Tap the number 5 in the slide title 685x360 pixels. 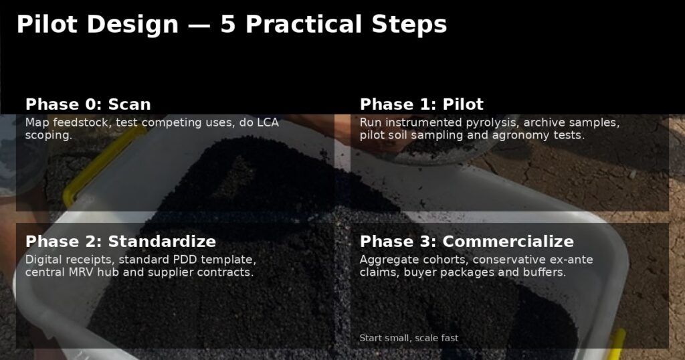[227, 25]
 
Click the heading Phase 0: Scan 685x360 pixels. [88, 104]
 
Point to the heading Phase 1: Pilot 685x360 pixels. [421, 104]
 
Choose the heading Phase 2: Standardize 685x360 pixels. [120, 242]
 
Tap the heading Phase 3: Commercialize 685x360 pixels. [466, 242]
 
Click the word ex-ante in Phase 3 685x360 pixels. [569, 260]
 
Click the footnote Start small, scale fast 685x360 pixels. [409, 338]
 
